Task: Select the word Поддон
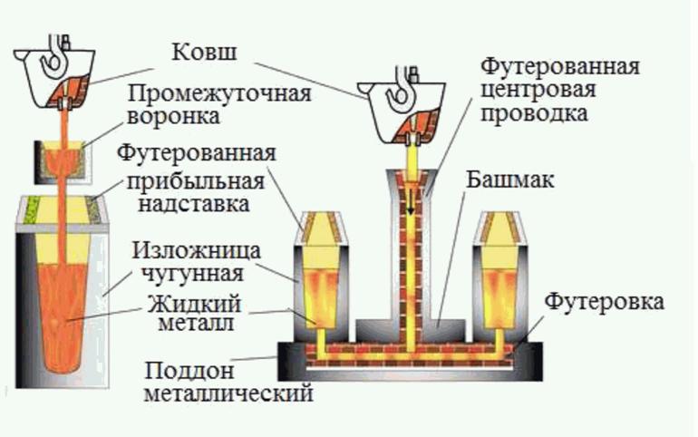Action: (178, 371)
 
